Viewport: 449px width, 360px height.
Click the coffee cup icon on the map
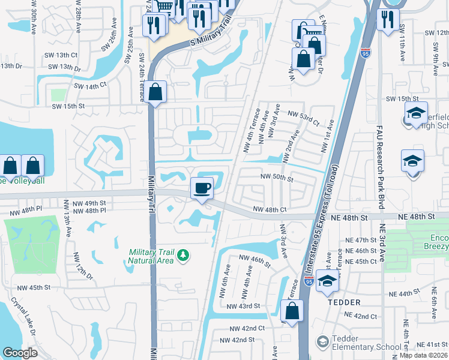[x=202, y=188]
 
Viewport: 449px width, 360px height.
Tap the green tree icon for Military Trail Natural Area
[x=183, y=256]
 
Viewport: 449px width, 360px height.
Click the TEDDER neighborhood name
[x=343, y=302]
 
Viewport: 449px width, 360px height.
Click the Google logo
[x=20, y=353]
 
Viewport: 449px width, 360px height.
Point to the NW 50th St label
[x=276, y=178]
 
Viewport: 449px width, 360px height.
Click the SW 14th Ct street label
[x=90, y=86]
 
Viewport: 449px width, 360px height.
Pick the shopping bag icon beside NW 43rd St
[x=291, y=311]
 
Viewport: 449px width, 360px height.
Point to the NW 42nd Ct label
[x=248, y=328]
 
